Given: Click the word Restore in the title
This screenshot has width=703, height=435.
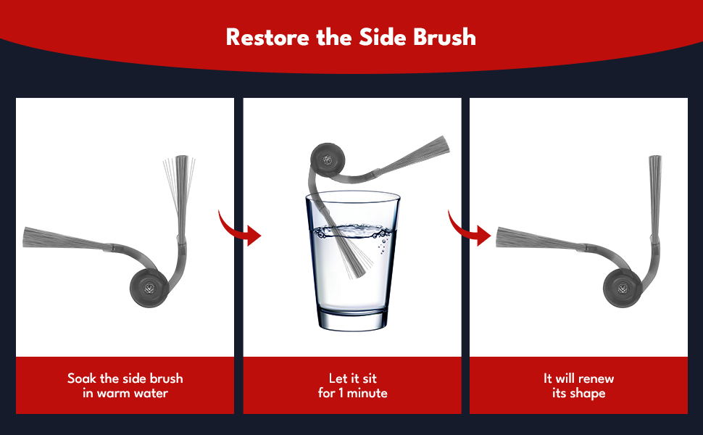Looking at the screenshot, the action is point(267,37).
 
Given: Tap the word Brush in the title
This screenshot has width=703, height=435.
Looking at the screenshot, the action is point(444,37).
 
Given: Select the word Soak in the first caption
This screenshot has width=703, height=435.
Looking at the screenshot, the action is point(82,378).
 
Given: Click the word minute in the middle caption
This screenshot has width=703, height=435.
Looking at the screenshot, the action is point(367,393).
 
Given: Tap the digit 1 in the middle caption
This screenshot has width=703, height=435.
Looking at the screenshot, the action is point(341,393).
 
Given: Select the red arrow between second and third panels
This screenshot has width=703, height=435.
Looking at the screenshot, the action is point(467,228).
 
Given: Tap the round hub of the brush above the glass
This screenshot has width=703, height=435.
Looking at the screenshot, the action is point(328,159).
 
